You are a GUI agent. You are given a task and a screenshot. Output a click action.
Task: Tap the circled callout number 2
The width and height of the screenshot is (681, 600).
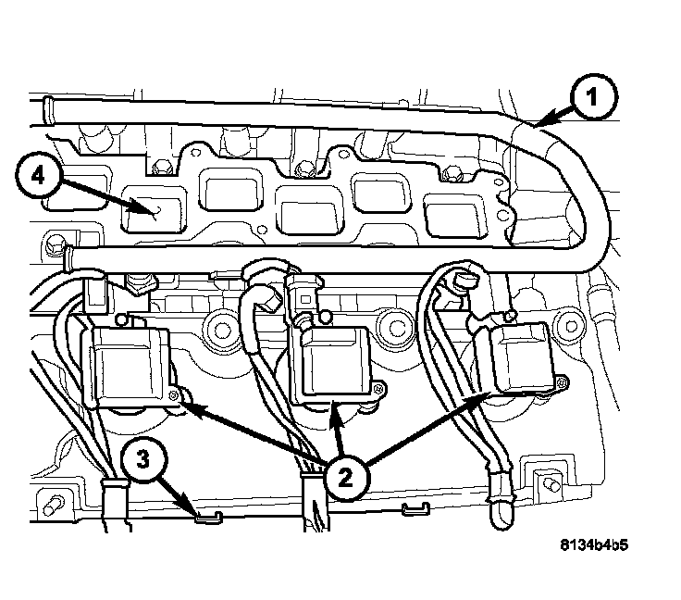(x=343, y=477)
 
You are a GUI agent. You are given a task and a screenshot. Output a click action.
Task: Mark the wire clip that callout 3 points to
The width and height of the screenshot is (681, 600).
(x=209, y=515)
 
